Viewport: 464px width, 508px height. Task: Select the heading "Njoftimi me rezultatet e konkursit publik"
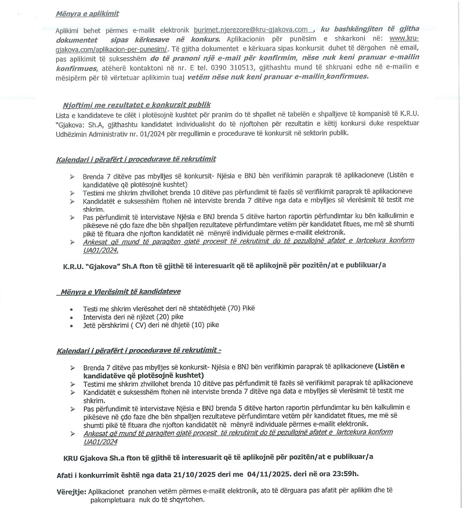[x=137, y=104]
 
